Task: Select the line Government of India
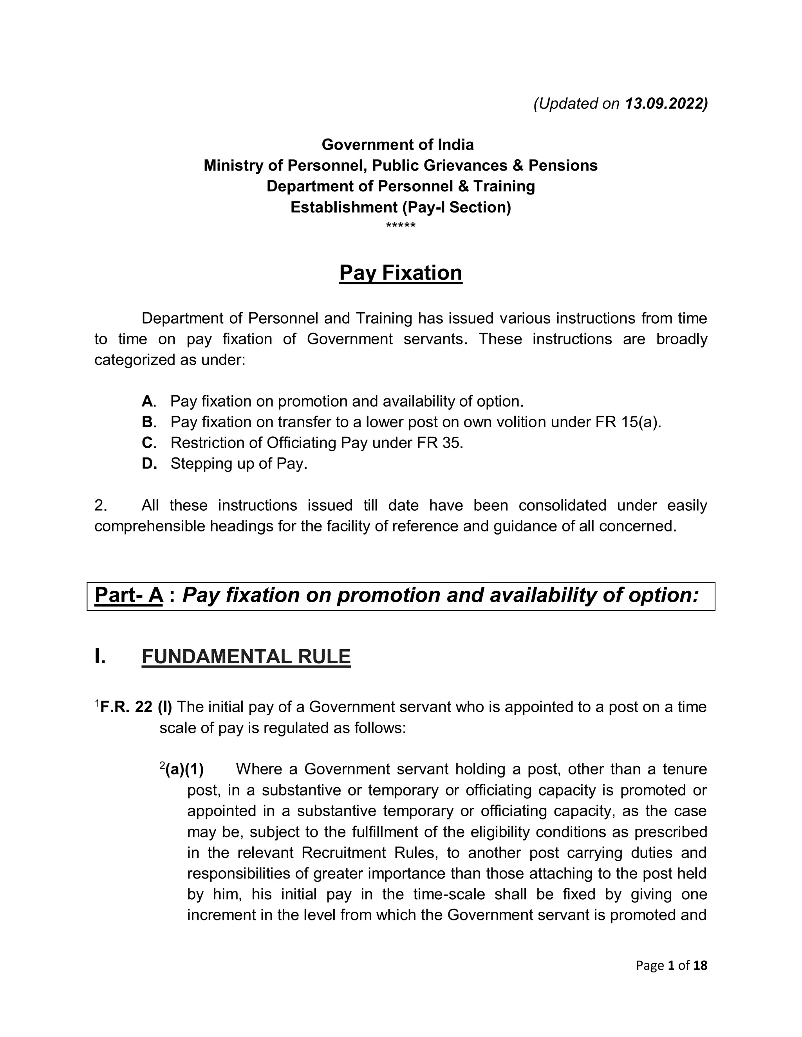(x=398, y=144)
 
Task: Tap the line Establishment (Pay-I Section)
(x=401, y=207)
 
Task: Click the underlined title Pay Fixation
(x=401, y=273)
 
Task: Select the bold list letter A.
(x=148, y=401)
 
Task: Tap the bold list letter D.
(x=148, y=463)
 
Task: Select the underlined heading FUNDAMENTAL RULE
(x=246, y=657)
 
